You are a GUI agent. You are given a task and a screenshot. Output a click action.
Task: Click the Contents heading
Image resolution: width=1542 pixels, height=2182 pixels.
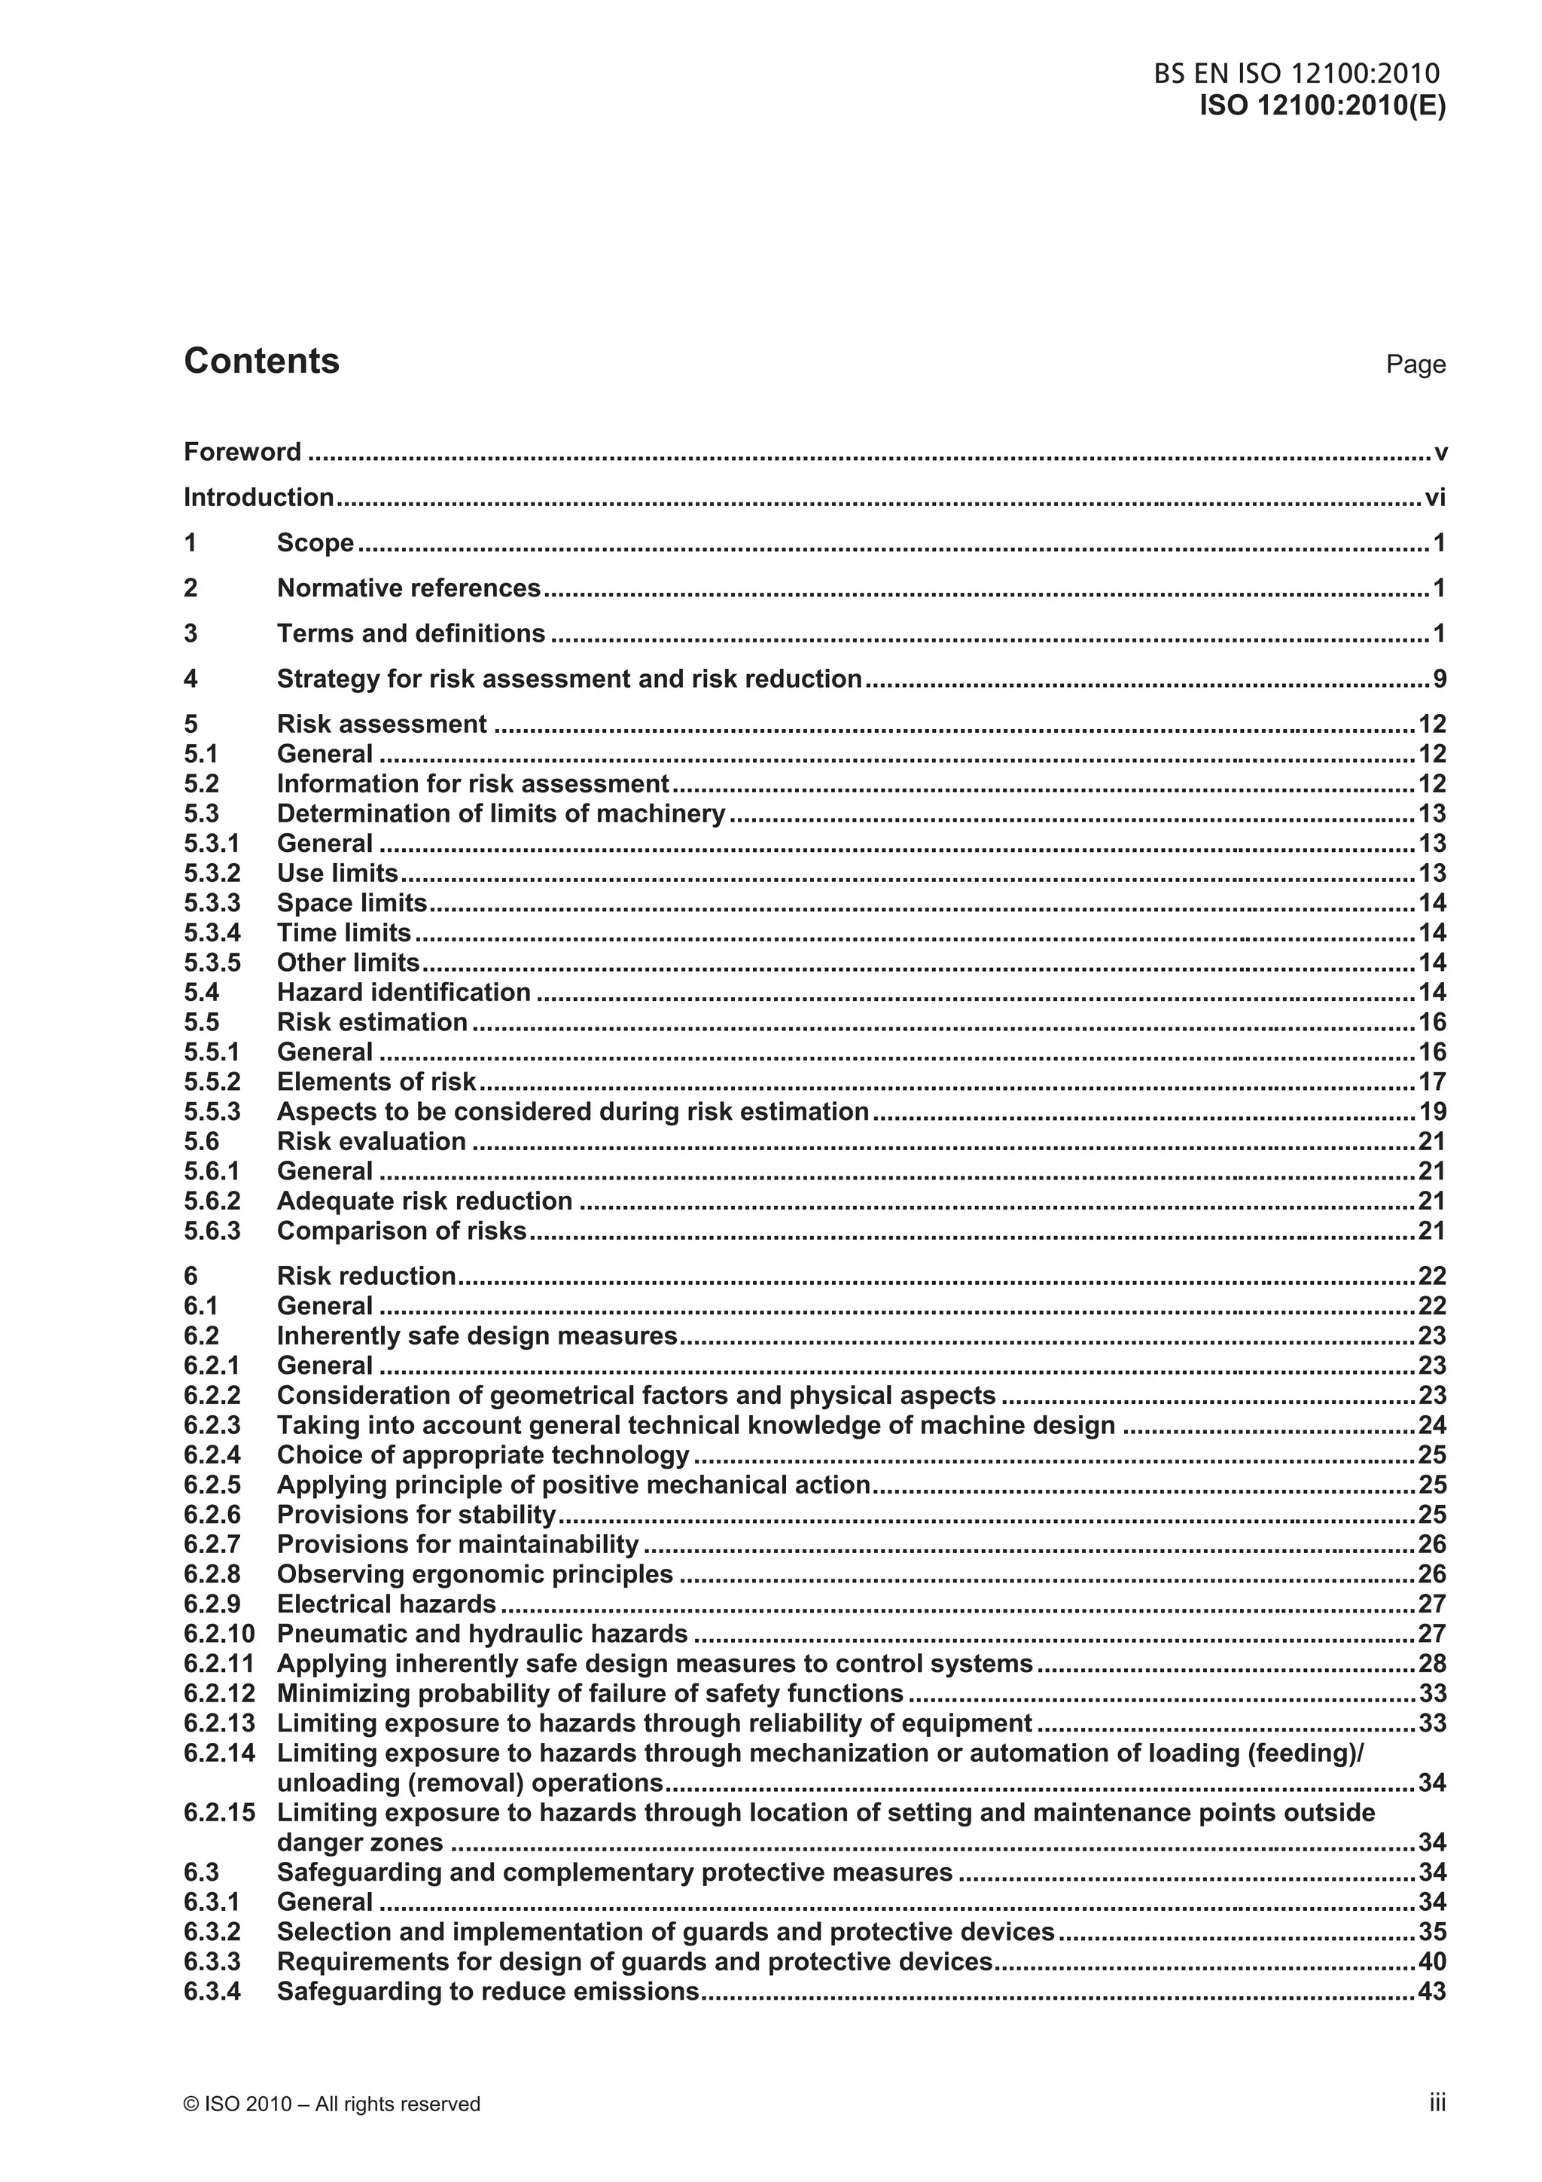[261, 361]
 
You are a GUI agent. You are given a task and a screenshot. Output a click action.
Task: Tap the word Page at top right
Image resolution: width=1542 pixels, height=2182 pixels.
[1415, 365]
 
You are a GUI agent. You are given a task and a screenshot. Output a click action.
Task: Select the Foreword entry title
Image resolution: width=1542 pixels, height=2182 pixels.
[242, 453]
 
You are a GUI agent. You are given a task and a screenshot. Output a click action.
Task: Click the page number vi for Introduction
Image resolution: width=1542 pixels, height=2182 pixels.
[1434, 498]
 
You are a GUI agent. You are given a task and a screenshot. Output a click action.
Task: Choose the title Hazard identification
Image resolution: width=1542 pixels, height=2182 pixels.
[404, 992]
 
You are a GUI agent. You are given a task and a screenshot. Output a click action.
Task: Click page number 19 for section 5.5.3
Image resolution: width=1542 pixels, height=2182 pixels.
[1432, 1112]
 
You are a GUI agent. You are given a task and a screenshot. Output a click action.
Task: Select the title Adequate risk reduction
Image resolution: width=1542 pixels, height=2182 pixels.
[425, 1201]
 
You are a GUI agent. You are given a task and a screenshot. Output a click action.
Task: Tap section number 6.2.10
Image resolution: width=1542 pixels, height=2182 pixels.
[219, 1634]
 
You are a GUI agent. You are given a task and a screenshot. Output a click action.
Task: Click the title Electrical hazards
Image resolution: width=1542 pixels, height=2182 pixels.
[387, 1604]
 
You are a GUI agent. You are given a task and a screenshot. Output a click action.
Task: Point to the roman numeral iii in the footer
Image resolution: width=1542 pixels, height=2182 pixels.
[1437, 2103]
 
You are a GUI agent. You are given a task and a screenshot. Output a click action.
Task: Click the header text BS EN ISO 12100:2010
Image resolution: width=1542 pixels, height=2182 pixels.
[1296, 74]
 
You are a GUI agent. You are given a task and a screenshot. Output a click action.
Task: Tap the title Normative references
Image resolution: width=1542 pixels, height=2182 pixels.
[409, 588]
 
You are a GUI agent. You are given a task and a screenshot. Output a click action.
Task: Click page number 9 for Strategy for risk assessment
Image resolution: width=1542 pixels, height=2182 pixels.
[1438, 679]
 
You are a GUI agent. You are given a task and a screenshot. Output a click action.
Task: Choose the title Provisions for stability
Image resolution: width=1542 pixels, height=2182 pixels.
[416, 1515]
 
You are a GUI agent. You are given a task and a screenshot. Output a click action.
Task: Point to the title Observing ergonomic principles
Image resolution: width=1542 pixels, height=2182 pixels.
[475, 1575]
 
